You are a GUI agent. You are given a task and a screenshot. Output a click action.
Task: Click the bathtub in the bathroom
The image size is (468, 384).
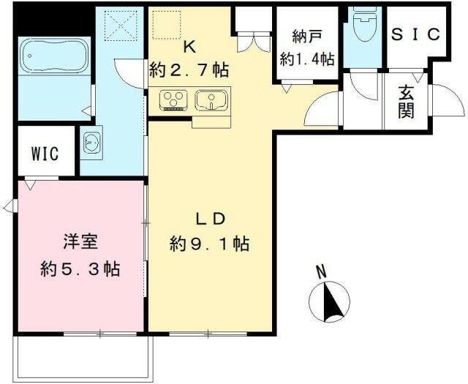coord(47,55)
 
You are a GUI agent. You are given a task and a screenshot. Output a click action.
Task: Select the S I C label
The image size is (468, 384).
coord(415,34)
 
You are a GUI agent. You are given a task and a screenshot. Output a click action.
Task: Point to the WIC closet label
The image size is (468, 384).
coord(45,154)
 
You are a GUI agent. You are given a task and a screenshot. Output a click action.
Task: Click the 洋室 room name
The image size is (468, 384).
coord(80,241)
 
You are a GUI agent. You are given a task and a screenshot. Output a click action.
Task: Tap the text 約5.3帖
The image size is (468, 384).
coord(80,268)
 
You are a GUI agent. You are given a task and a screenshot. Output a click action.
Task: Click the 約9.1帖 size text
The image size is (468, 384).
coord(210,244)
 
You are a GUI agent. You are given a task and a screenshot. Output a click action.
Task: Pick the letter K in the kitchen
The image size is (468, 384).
coord(189,47)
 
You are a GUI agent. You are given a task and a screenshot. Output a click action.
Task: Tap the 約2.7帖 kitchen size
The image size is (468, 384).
coord(189,70)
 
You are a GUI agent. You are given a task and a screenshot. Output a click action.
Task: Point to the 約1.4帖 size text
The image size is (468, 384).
coord(306,59)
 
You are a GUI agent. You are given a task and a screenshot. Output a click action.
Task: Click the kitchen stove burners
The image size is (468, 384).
coord(174,100)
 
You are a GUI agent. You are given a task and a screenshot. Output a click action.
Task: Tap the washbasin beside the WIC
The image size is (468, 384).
coord(91,142)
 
